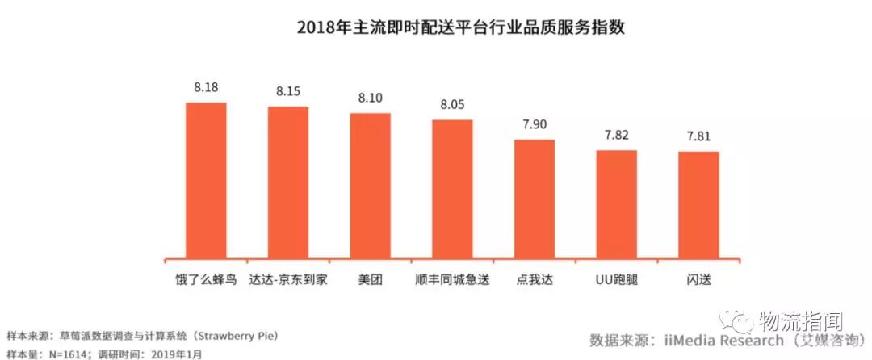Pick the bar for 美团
[370, 185]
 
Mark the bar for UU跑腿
[617, 203]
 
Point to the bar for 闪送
[698, 204]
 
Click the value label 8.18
[206, 87]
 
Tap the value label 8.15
[288, 91]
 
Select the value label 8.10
[370, 98]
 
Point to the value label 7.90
[535, 124]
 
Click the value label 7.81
[698, 136]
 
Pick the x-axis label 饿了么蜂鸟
[206, 279]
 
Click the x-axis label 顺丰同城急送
[452, 279]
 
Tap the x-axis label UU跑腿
[617, 279]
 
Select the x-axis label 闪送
[698, 279]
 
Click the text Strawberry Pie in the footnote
[243, 335]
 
